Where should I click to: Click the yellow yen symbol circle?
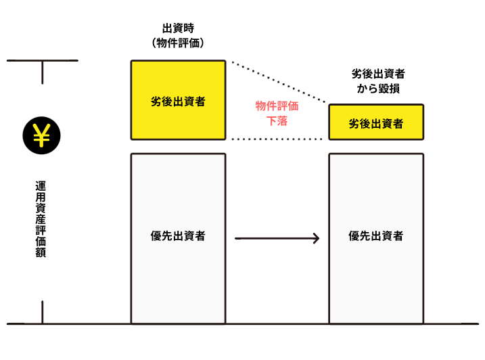tap(42, 136)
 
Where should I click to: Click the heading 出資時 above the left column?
tap(178, 28)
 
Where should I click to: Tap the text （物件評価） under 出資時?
tap(178, 43)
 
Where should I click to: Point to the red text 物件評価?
tap(277, 106)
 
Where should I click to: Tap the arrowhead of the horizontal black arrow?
tap(316, 238)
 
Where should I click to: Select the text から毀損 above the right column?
tap(376, 88)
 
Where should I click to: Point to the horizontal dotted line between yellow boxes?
tap(277, 139)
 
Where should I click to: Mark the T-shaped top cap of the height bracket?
tap(42, 62)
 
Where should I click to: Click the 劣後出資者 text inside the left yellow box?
tap(178, 102)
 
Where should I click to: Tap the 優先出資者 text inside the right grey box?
tap(376, 236)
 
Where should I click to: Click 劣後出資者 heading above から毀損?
tap(376, 73)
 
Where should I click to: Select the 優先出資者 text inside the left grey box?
tap(178, 236)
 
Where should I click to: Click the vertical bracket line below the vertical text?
tap(42, 311)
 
